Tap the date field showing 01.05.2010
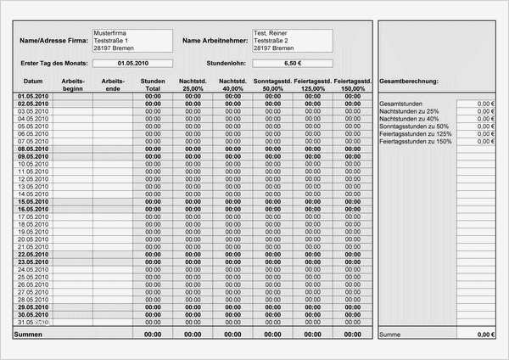coord(132,63)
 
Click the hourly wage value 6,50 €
coord(293,63)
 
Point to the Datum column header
coord(33,81)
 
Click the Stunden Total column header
coord(154,84)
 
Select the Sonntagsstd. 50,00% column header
coord(273,84)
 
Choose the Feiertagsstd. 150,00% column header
coord(353,84)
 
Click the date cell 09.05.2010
coord(34,156)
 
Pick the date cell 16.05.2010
coord(34,209)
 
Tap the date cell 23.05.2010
coord(34,262)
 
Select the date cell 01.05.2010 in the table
coord(34,97)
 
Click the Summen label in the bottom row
coord(27,335)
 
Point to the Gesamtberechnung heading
coord(409,81)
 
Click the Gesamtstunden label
coord(401,104)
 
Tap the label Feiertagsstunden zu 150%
coord(415,142)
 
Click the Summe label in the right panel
coord(390,335)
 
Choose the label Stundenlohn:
coord(226,63)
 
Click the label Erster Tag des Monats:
coord(54,63)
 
